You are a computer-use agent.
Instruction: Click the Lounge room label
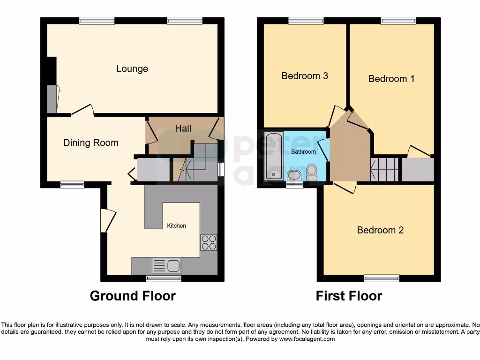132,69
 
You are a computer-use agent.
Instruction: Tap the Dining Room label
91,142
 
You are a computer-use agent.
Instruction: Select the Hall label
183,128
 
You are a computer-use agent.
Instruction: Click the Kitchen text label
177,225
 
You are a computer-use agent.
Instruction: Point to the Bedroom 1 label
391,79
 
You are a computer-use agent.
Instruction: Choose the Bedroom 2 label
380,230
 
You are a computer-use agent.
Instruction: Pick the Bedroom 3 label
304,75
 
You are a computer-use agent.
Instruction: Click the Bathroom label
303,152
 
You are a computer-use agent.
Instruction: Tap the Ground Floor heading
133,296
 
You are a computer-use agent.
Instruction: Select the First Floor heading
349,296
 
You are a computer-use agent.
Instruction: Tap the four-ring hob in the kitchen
209,242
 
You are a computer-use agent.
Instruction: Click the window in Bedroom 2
382,278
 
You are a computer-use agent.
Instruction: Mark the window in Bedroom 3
306,21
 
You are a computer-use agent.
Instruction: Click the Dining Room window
72,185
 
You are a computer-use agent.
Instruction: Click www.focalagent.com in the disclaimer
307,339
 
